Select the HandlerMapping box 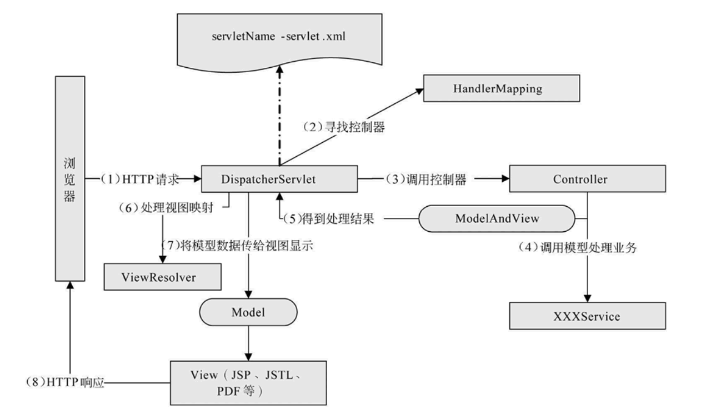coord(501,88)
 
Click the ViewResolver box coord(158,277)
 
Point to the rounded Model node coord(248,312)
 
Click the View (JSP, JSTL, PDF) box coord(248,383)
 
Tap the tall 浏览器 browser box coord(70,178)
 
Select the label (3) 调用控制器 coord(425,179)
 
